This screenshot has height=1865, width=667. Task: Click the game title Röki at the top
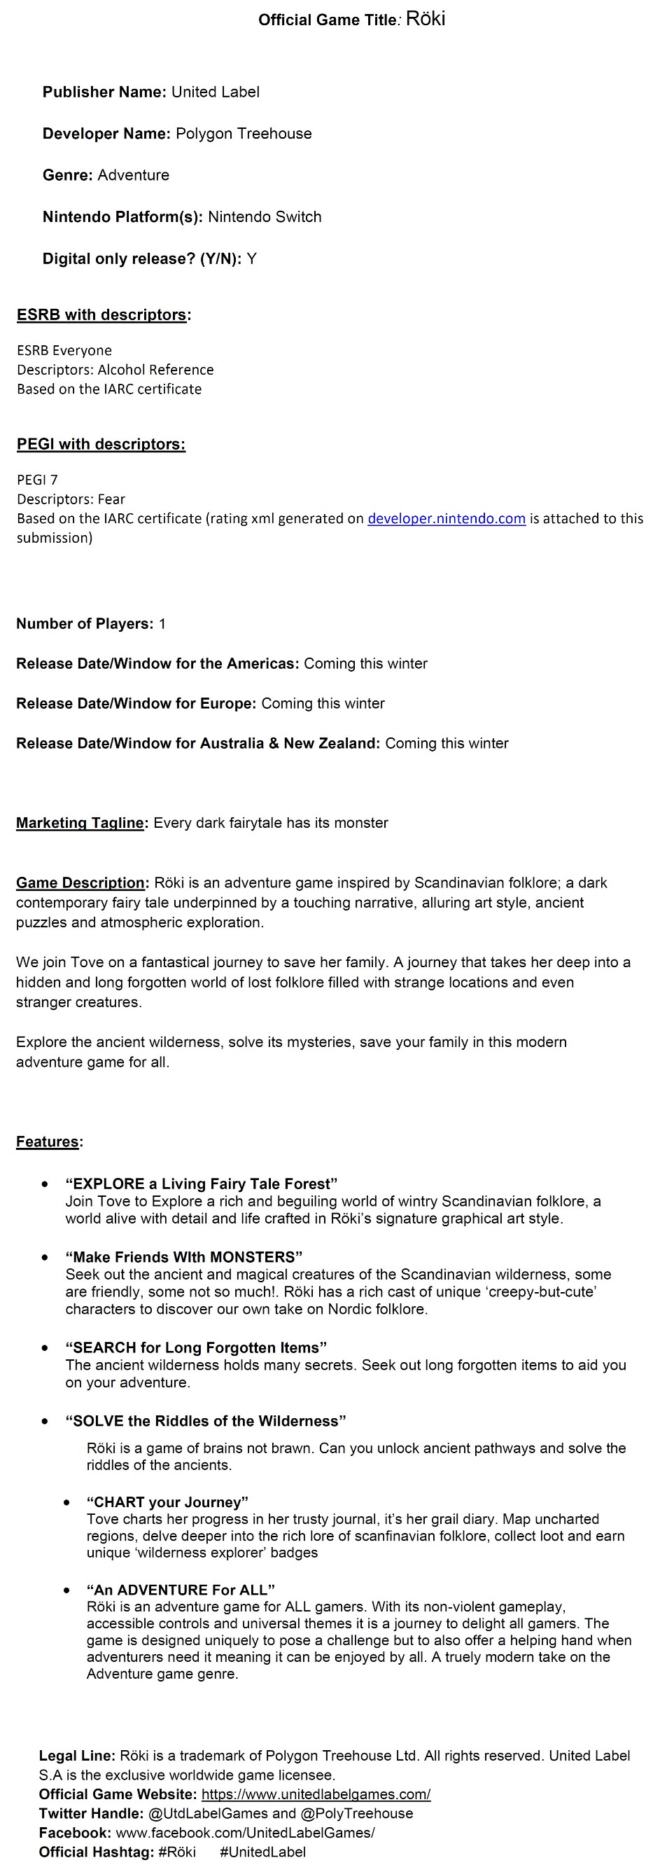coord(426,19)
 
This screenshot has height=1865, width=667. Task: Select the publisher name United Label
coord(215,92)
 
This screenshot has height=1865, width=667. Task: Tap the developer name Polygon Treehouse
coord(243,133)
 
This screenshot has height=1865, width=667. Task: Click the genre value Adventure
coord(133,175)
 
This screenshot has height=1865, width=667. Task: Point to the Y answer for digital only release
coord(251,258)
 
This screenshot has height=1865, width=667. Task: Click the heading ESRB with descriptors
coord(103,315)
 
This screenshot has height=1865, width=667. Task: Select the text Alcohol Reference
coord(155,369)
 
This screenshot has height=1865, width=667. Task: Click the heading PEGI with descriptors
coord(101,444)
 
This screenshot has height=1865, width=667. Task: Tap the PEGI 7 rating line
coord(37,479)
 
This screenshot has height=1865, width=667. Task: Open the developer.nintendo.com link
coord(447,518)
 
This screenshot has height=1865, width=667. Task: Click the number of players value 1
coord(162,623)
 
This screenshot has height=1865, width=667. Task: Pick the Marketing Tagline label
coord(81,822)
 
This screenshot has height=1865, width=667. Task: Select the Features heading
coord(48,1142)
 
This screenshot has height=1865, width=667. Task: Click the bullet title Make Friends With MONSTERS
coord(184,1257)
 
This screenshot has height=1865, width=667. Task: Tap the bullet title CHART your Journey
coord(167,1502)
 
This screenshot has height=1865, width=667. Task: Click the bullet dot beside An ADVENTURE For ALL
coord(66,1590)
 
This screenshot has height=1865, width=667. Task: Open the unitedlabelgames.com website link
coord(316,1794)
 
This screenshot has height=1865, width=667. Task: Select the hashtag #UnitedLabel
coord(262,1852)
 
